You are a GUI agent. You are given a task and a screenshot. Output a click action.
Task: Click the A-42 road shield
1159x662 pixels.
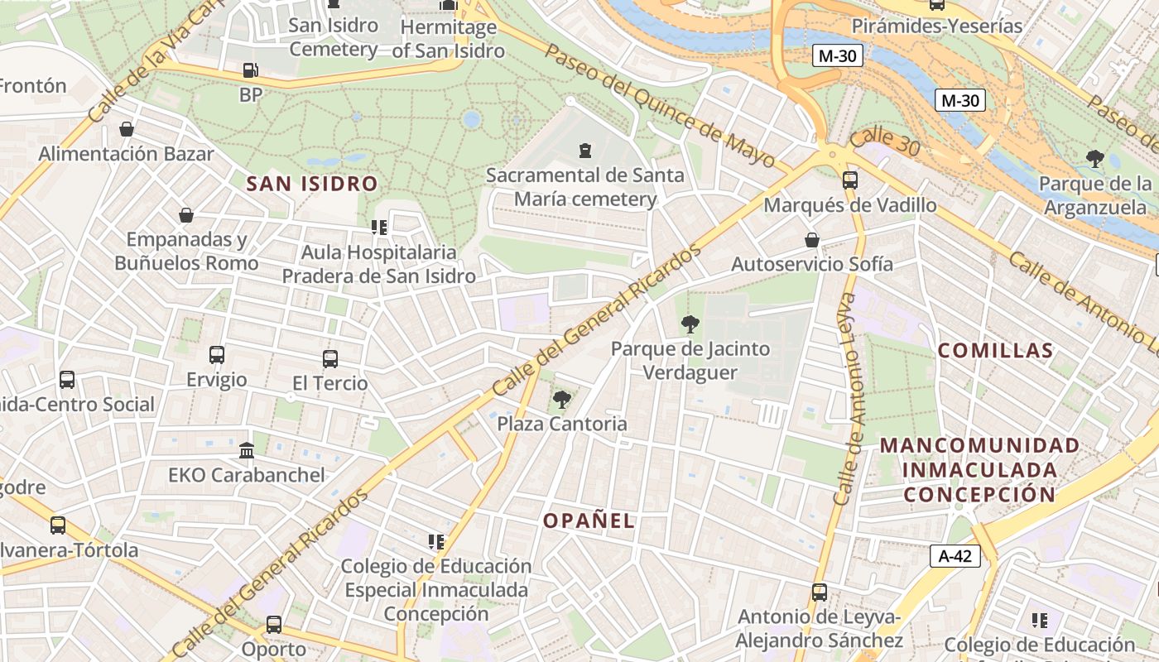(955, 556)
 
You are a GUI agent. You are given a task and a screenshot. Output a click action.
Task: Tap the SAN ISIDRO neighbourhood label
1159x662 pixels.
(312, 184)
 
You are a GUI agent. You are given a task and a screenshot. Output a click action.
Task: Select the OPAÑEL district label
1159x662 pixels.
(589, 520)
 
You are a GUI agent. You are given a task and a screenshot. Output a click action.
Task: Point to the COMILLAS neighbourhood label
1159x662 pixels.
(995, 350)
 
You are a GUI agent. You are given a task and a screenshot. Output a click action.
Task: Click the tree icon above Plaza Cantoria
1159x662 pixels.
(562, 401)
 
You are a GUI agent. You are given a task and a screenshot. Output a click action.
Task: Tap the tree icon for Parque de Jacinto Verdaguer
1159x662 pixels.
(690, 324)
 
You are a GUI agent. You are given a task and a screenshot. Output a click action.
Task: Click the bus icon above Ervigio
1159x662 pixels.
(217, 355)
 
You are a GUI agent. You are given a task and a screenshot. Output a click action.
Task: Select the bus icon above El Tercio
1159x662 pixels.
(330, 359)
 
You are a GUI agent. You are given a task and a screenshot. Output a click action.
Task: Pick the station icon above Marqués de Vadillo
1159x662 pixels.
(849, 180)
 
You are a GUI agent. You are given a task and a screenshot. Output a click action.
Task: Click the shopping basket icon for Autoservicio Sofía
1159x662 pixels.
(812, 240)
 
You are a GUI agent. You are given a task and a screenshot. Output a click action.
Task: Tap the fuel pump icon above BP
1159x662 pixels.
(250, 71)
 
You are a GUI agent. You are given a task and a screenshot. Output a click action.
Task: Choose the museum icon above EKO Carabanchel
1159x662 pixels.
(247, 451)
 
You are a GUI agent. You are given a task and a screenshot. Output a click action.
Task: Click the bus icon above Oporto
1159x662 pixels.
(273, 625)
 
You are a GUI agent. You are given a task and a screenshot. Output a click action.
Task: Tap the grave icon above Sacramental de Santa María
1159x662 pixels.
(585, 151)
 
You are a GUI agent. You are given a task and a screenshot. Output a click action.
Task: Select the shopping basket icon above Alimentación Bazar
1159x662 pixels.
(127, 129)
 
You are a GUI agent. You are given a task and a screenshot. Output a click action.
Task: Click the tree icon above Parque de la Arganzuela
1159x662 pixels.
(1095, 158)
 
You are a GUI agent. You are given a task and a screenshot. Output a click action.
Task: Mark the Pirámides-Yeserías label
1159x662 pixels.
(937, 26)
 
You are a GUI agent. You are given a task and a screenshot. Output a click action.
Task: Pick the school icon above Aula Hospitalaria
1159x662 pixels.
(379, 227)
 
